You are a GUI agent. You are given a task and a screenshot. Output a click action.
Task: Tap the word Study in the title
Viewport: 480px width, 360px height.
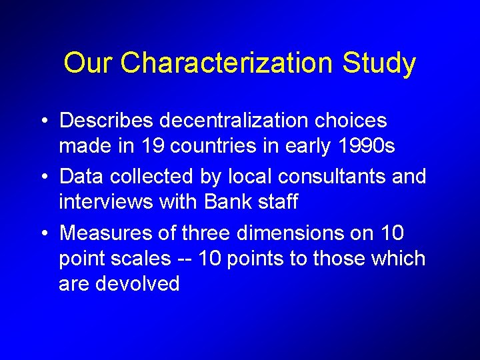coord(379,63)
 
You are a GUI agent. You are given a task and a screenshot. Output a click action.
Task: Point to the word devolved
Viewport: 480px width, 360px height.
coord(138,283)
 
